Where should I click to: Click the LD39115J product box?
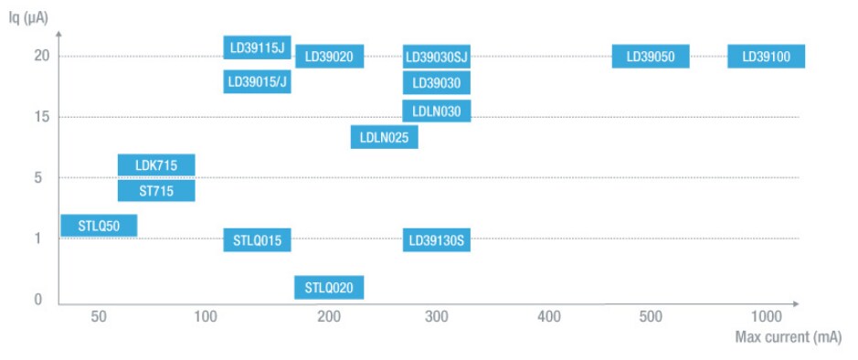click(258, 48)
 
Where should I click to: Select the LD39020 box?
click(329, 57)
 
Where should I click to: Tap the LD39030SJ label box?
click(437, 57)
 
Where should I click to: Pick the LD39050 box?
click(651, 57)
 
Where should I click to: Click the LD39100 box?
click(766, 57)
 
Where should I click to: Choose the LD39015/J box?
click(258, 82)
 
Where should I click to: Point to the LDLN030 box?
click(437, 111)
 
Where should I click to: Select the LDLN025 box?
click(385, 137)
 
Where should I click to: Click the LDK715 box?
click(156, 165)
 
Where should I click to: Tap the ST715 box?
click(156, 190)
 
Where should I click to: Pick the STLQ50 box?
click(99, 225)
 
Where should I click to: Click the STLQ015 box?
click(258, 241)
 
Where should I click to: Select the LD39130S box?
click(437, 241)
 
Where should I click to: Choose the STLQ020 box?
click(329, 288)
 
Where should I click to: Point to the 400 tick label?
click(548, 317)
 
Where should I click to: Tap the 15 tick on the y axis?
click(40, 117)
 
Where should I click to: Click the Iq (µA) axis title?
click(31, 16)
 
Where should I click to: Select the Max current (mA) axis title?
click(789, 338)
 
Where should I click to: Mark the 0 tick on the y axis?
click(40, 300)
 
